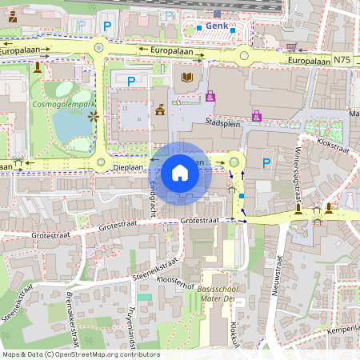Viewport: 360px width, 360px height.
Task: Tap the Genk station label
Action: [x=216, y=26]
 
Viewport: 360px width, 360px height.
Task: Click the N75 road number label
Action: [x=342, y=60]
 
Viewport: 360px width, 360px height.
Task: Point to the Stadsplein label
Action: [x=223, y=124]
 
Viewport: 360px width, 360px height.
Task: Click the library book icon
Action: [x=188, y=78]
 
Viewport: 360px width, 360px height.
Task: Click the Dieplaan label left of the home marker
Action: [x=128, y=168]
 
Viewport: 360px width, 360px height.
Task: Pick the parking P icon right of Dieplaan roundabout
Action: [x=266, y=163]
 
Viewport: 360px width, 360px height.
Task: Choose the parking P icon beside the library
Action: [x=131, y=80]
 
